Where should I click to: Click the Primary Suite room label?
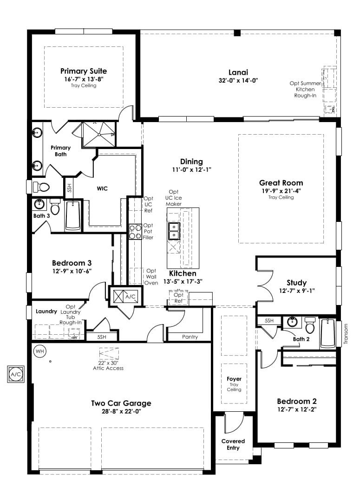[x=84, y=71]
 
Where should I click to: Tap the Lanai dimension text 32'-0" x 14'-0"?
[x=238, y=80]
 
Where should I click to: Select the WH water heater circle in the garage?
[x=39, y=351]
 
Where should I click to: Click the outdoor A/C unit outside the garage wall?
[x=16, y=374]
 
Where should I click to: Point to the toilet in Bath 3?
[x=55, y=206]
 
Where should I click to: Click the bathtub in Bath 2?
[x=327, y=333]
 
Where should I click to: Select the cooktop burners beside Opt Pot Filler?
[x=135, y=232]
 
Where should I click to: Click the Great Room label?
[x=281, y=183]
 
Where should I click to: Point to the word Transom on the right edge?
[x=346, y=334]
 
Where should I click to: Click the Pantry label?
[x=190, y=337]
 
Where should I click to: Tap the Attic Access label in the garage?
[x=108, y=368]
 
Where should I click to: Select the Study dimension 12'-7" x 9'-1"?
[x=297, y=291]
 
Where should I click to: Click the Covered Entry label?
[x=233, y=444]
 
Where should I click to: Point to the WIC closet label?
[x=102, y=188]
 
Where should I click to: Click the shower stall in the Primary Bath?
[x=99, y=135]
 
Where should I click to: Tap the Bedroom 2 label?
[x=297, y=401]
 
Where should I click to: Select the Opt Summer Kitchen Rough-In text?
[x=305, y=89]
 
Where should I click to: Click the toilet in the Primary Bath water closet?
[x=41, y=187]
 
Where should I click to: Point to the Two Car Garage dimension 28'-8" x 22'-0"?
[x=121, y=411]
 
